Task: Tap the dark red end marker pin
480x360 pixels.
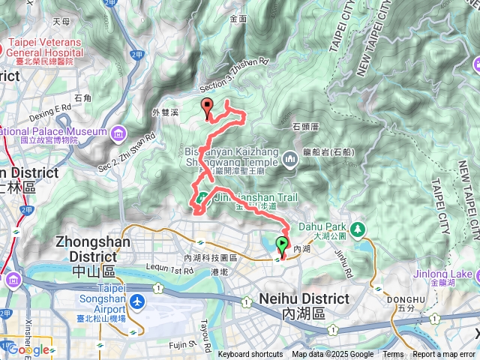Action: click(208, 107)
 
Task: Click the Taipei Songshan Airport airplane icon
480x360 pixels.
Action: click(137, 301)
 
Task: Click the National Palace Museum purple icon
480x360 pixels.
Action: click(118, 134)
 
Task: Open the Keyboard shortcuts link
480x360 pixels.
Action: click(250, 355)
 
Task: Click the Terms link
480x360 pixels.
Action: click(393, 355)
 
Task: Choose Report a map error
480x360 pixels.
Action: click(443, 355)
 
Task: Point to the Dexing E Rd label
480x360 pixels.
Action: click(50, 109)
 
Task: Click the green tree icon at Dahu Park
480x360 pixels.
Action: click(358, 227)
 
